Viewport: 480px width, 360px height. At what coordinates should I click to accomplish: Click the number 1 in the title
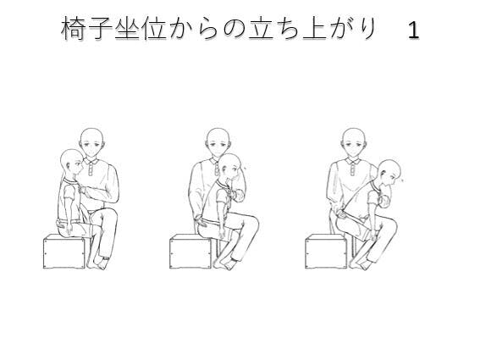[x=413, y=30]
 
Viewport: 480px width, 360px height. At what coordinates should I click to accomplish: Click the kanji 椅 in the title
[x=72, y=29]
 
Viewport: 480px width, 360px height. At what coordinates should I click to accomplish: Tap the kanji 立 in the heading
[x=261, y=29]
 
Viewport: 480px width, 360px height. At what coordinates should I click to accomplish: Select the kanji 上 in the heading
[x=315, y=29]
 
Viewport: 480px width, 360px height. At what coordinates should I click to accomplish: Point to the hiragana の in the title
[x=234, y=30]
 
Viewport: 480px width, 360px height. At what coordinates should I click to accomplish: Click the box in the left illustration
[x=64, y=252]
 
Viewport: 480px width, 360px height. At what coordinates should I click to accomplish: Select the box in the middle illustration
[x=190, y=252]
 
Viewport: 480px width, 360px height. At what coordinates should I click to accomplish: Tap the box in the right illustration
[x=326, y=252]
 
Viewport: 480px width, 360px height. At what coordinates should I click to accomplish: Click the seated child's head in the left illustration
[x=72, y=163]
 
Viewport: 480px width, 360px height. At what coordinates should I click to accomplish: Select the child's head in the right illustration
[x=389, y=173]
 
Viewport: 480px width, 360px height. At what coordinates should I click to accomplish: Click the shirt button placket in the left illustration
[x=91, y=169]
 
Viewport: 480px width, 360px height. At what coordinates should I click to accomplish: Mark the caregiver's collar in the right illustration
[x=354, y=161]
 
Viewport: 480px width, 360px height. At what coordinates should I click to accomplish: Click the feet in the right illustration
[x=360, y=264]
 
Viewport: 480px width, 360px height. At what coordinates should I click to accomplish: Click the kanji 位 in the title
[x=154, y=29]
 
